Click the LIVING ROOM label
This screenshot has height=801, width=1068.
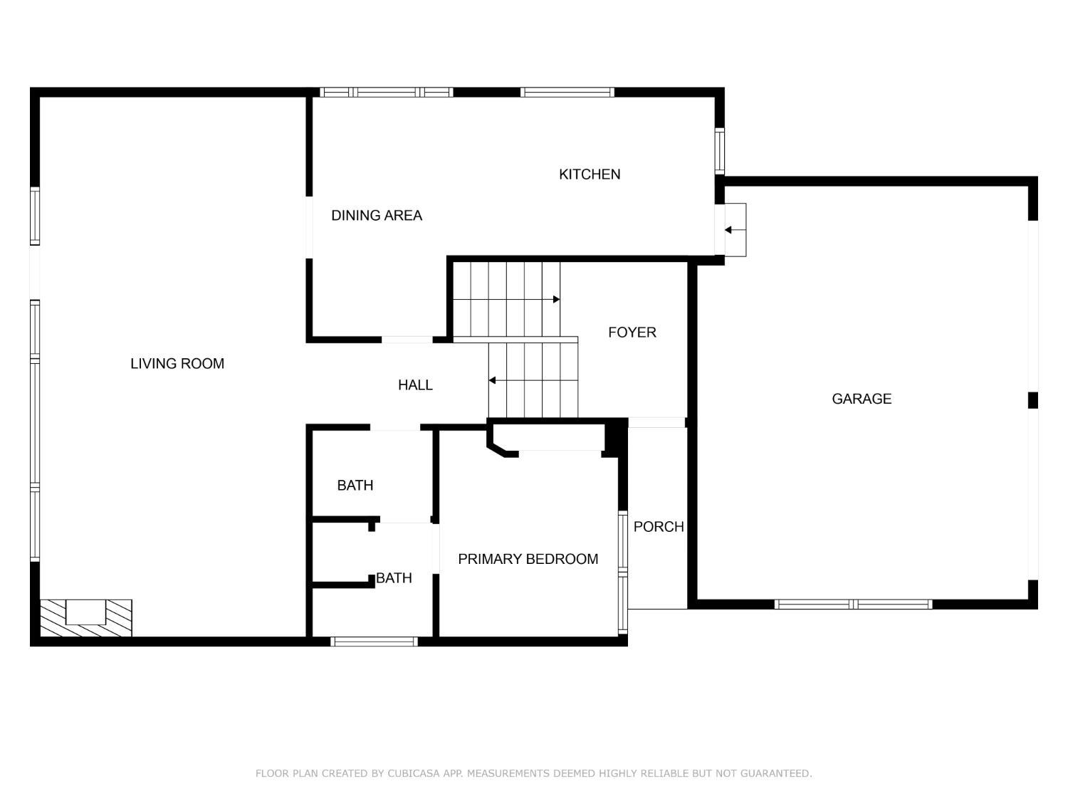[177, 364]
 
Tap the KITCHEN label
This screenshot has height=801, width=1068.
[589, 174]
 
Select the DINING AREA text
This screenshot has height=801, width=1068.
[376, 216]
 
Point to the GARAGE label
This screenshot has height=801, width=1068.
[862, 399]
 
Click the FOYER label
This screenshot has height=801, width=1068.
[632, 333]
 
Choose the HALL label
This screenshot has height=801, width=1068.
[415, 385]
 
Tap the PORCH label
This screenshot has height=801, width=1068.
[658, 527]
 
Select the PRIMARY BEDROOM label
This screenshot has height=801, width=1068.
[528, 560]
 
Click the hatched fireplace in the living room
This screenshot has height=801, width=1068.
[85, 617]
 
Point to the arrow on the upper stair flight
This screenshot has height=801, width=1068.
[555, 300]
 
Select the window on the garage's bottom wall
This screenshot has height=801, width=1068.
[853, 604]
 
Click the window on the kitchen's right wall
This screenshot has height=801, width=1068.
[720, 151]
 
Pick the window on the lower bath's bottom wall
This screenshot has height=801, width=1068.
[375, 642]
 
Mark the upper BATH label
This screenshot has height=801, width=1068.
[355, 486]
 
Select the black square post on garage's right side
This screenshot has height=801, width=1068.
[1032, 400]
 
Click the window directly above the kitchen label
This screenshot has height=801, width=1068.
[567, 92]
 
